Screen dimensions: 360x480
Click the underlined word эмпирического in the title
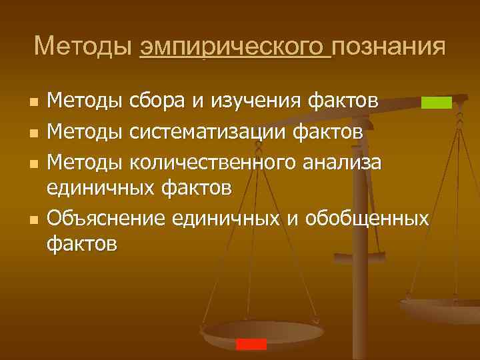click(x=235, y=47)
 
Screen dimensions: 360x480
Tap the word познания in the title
click(x=389, y=47)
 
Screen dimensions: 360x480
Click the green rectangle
click(x=437, y=102)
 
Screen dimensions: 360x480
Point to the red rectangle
click(x=251, y=344)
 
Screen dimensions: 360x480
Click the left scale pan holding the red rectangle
click(x=260, y=333)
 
